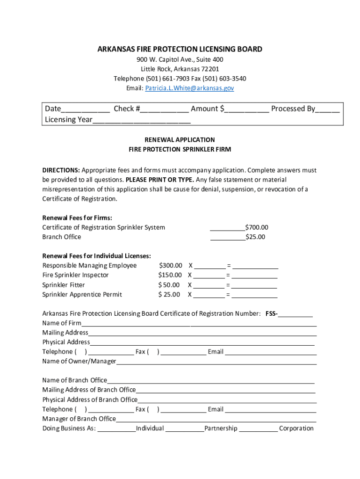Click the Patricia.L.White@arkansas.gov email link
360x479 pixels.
[x=189, y=88]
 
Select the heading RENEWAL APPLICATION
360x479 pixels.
[x=180, y=140]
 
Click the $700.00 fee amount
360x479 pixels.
[x=257, y=227]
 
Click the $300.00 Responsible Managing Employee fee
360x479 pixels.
[x=171, y=266]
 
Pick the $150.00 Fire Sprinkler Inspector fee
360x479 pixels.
[x=171, y=275]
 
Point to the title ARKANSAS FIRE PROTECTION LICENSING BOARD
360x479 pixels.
[x=180, y=49]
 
